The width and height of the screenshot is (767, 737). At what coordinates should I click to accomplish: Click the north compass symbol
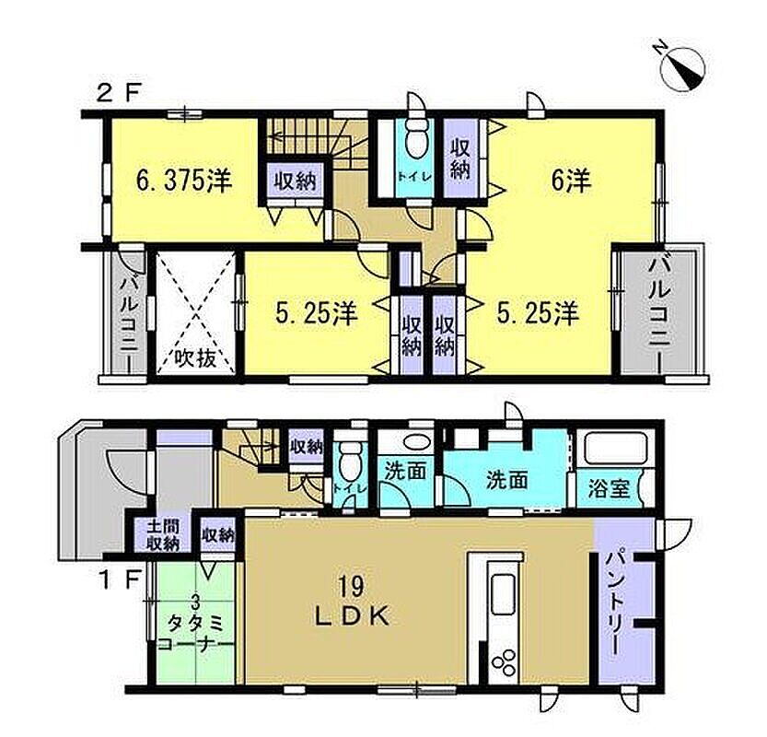pyautogui.click(x=682, y=68)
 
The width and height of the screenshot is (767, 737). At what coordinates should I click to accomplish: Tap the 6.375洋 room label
pyautogui.click(x=184, y=181)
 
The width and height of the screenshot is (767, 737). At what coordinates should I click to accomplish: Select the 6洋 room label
pyautogui.click(x=571, y=180)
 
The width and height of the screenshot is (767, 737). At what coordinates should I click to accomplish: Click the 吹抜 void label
pyautogui.click(x=195, y=358)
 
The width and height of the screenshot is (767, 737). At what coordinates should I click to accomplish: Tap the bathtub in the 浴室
pyautogui.click(x=615, y=448)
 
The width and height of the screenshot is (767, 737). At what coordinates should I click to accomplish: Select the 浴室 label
pyautogui.click(x=609, y=488)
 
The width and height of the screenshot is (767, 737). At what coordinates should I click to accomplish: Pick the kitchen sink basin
pyautogui.click(x=503, y=594)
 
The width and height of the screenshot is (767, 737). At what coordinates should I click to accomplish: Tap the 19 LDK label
pyautogui.click(x=352, y=601)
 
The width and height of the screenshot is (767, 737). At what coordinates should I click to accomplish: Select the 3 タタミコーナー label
pyautogui.click(x=195, y=624)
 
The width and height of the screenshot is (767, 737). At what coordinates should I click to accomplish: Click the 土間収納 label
pyautogui.click(x=163, y=534)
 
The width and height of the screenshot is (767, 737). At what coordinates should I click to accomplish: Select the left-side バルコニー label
pyautogui.click(x=130, y=315)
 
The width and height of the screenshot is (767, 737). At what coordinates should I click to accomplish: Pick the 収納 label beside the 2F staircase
pyautogui.click(x=295, y=181)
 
